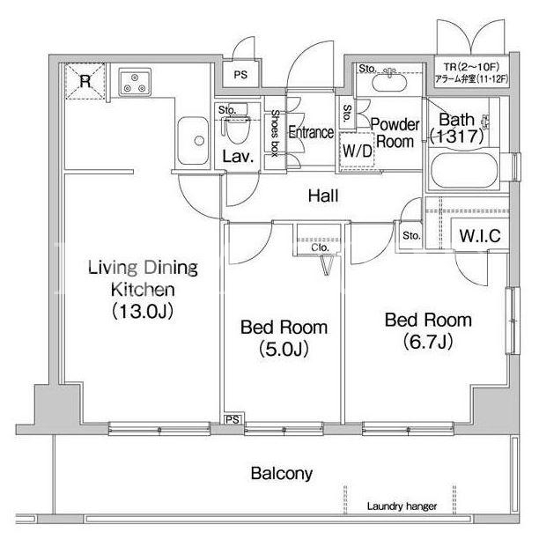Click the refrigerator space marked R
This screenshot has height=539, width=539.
pyautogui.click(x=85, y=82)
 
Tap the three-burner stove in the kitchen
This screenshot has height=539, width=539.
pyautogui.click(x=135, y=82)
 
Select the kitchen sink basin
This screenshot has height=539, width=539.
pyautogui.click(x=193, y=141)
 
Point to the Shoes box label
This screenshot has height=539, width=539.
pyautogui.click(x=275, y=133)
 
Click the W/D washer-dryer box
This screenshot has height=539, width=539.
pyautogui.click(x=358, y=151)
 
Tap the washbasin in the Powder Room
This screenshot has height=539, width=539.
pyautogui.click(x=389, y=82)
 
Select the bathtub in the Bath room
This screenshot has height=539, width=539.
pyautogui.click(x=464, y=170)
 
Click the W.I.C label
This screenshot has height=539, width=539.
pyautogui.click(x=480, y=236)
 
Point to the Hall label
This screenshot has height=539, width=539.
pyautogui.click(x=323, y=196)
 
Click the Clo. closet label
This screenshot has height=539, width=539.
pyautogui.click(x=320, y=247)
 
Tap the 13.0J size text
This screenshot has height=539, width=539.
pyautogui.click(x=143, y=311)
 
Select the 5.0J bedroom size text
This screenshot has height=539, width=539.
pyautogui.click(x=284, y=349)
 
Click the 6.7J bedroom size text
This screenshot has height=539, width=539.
pyautogui.click(x=428, y=342)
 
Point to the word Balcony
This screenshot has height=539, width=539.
pyautogui.click(x=282, y=473)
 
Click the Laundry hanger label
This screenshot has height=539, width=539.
pyautogui.click(x=402, y=506)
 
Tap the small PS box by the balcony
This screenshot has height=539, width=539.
pyautogui.click(x=233, y=420)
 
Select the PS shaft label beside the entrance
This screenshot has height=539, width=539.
pyautogui.click(x=240, y=75)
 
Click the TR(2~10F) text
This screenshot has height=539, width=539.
pyautogui.click(x=471, y=66)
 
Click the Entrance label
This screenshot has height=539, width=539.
pyautogui.click(x=311, y=132)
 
